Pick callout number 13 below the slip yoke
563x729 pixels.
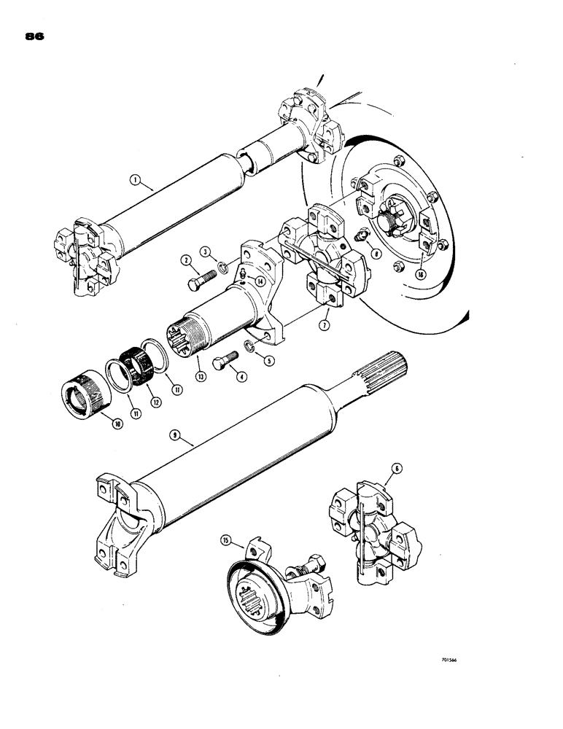[201, 375]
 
